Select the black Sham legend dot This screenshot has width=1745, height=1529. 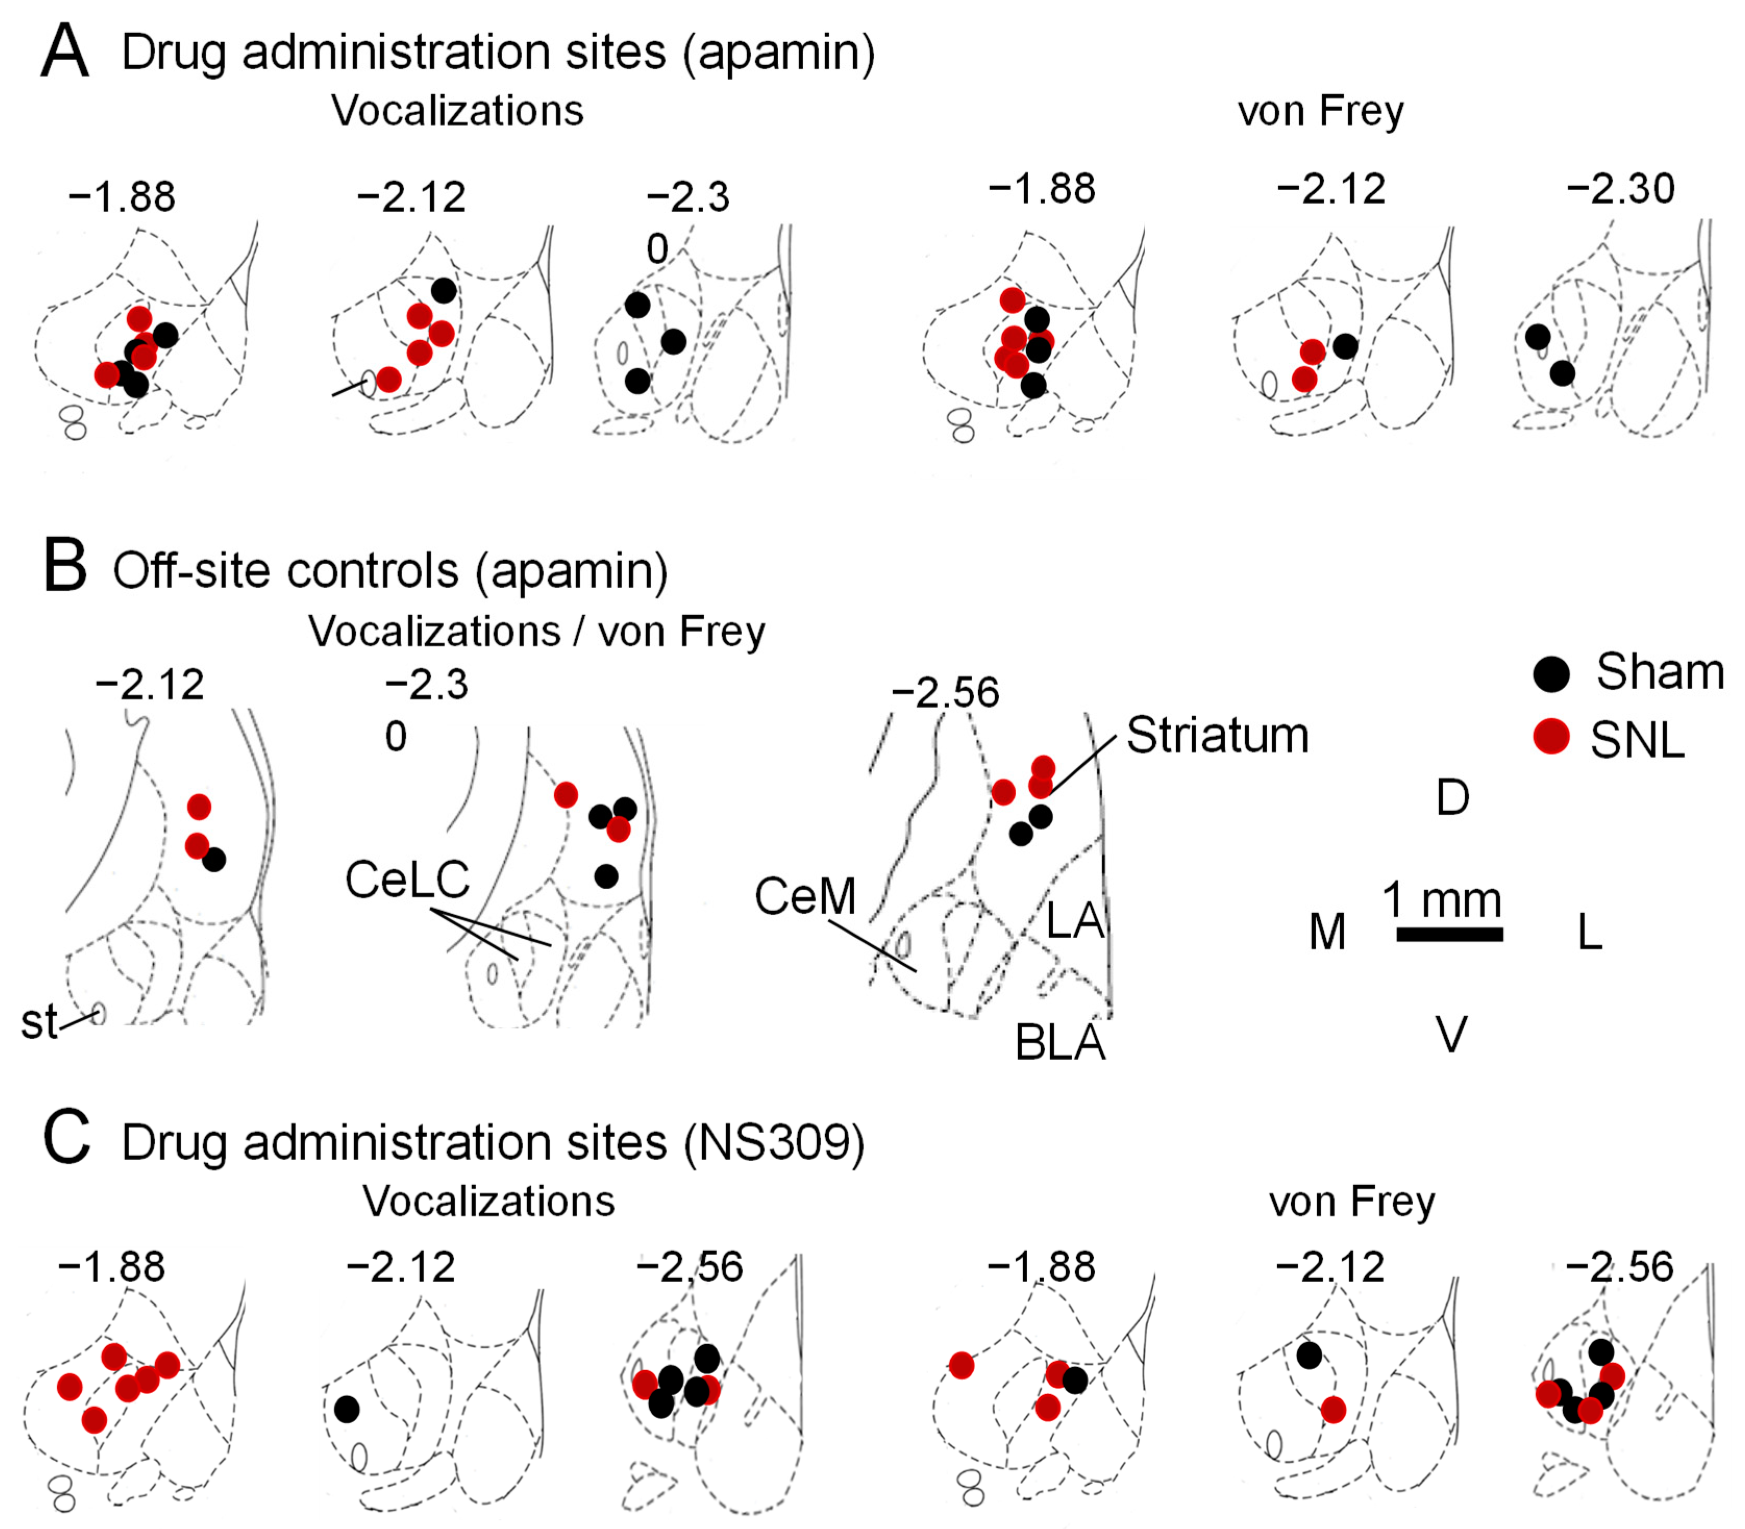[x=1551, y=673]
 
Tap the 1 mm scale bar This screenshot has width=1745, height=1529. [x=1449, y=934]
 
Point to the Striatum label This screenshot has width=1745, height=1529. [x=1218, y=736]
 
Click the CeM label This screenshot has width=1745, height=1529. [x=805, y=897]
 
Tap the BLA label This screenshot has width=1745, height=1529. [x=1060, y=1042]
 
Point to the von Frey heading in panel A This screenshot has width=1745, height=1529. [x=1320, y=112]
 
